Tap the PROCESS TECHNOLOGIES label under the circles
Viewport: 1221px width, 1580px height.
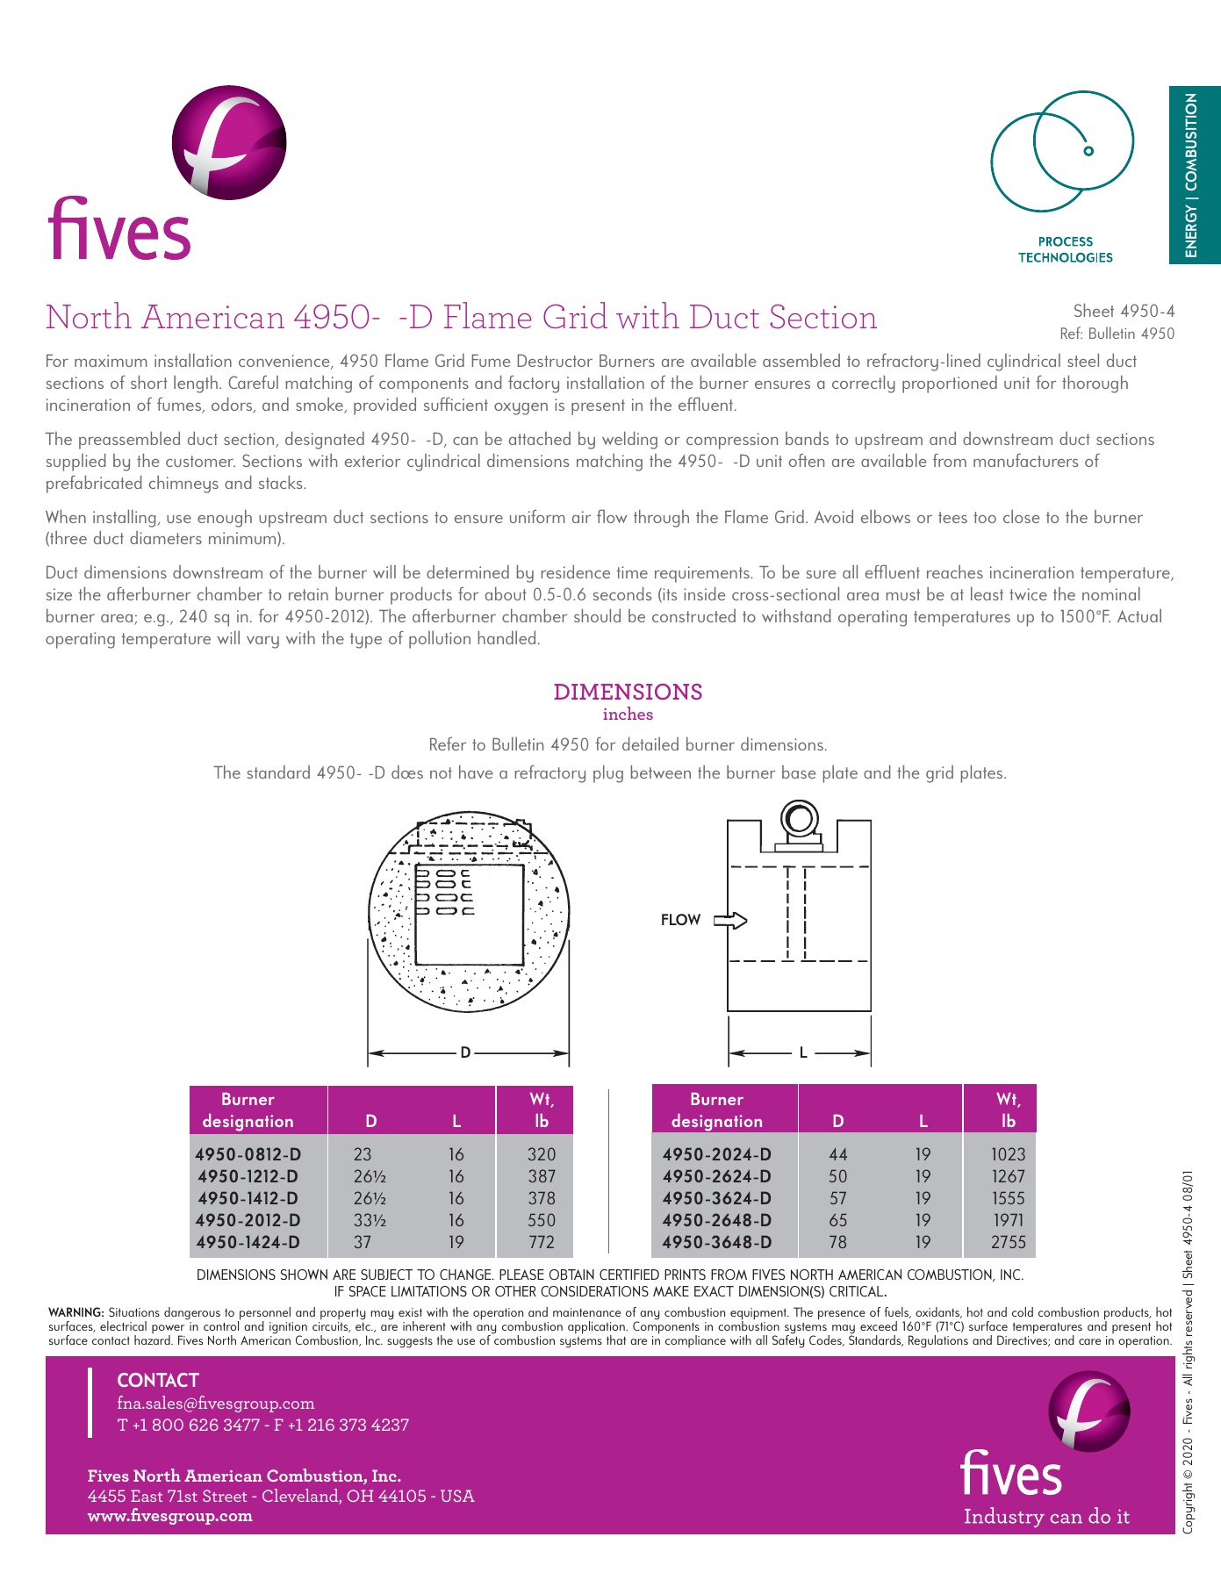(x=1065, y=249)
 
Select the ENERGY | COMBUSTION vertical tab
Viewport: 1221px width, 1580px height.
(x=1194, y=175)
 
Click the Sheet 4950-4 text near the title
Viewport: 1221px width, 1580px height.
(x=1123, y=311)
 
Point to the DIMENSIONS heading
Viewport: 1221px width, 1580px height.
(x=628, y=692)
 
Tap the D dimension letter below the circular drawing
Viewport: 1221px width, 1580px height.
(x=465, y=1052)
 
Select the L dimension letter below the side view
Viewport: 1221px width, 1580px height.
(x=803, y=1052)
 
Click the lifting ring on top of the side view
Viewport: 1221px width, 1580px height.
(x=799, y=820)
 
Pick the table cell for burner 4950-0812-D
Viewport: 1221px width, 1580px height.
(x=248, y=1154)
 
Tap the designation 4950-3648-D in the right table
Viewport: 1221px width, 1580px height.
(x=717, y=1242)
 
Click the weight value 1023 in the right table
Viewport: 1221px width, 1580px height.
(x=1008, y=1154)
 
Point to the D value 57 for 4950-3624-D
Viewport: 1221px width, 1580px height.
(x=838, y=1198)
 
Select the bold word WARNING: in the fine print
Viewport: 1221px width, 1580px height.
(x=76, y=1312)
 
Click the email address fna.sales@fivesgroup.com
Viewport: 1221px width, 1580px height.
(x=216, y=1403)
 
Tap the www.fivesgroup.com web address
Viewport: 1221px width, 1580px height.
(x=170, y=1516)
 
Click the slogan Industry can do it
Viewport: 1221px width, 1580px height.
(x=1046, y=1517)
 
